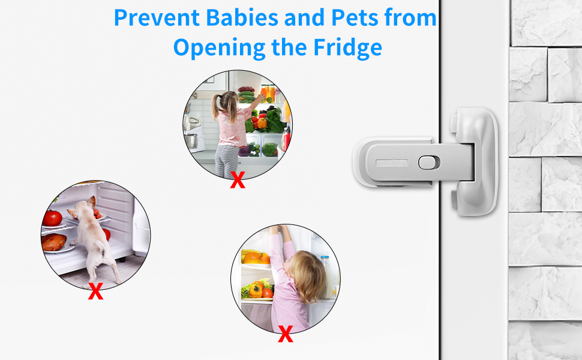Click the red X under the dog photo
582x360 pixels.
pyautogui.click(x=95, y=291)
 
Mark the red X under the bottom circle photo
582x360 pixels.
pyautogui.click(x=286, y=335)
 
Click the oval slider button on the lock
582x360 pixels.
pyautogui.click(x=427, y=162)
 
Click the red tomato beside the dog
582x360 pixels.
pyautogui.click(x=53, y=218)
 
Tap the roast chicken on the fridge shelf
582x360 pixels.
pyautogui.click(x=53, y=241)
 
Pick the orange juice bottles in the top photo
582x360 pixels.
pyautogui.click(x=268, y=93)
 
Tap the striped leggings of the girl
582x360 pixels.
pyautogui.click(x=227, y=159)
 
